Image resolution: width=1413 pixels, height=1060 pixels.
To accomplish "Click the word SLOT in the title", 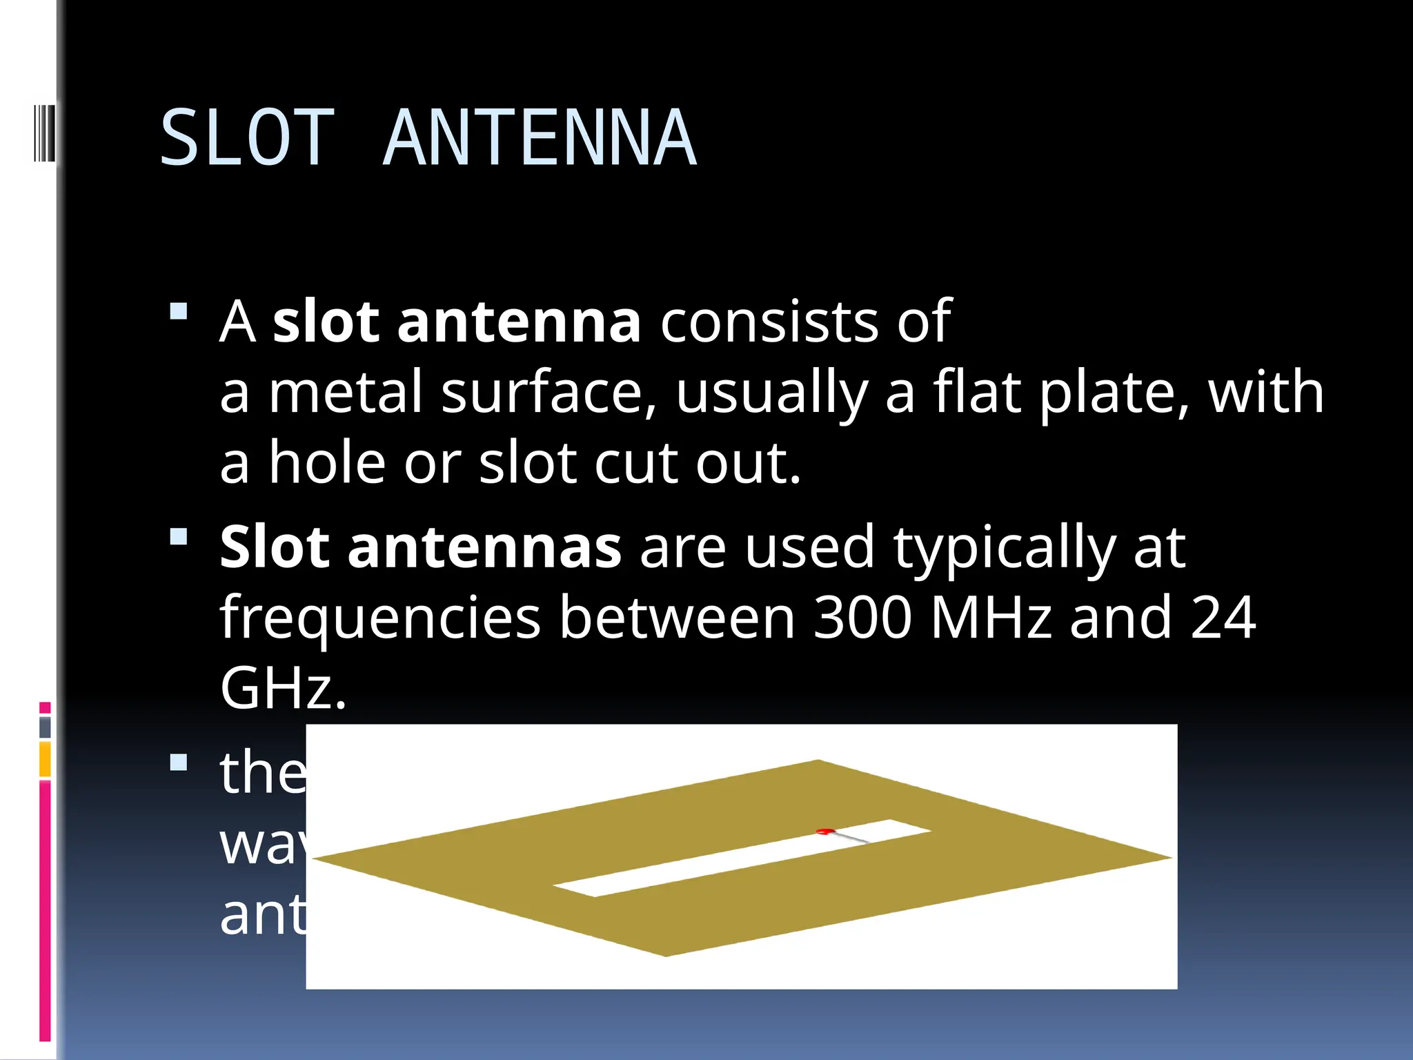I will (247, 138).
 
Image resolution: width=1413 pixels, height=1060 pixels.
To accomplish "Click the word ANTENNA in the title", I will (539, 138).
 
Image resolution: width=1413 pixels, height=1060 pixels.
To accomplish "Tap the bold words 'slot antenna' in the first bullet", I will (457, 322).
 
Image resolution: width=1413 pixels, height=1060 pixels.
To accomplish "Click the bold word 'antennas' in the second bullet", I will (484, 547).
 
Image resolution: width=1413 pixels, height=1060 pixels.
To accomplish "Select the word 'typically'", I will (1005, 549).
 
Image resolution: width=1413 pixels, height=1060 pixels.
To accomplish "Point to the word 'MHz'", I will (991, 618).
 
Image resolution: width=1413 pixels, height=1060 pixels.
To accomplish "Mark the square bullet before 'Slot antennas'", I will (179, 536).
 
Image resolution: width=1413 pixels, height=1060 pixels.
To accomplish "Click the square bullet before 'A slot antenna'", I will (179, 312).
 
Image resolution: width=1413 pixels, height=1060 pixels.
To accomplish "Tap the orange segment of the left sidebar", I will (45, 759).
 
